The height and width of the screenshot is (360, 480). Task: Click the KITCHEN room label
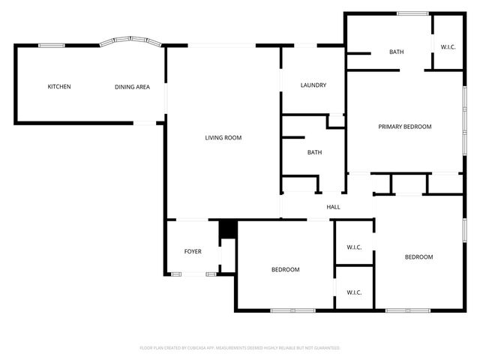[59, 87]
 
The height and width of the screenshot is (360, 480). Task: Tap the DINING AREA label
[132, 87]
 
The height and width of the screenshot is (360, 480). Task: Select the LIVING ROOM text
[223, 137]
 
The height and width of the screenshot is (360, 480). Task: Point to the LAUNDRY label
[313, 85]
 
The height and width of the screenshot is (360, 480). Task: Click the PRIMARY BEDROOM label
[404, 127]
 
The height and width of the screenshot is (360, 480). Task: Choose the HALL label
[333, 207]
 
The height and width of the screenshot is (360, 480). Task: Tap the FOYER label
[193, 251]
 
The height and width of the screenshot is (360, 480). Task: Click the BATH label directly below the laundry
[314, 153]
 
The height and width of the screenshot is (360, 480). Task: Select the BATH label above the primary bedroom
[396, 52]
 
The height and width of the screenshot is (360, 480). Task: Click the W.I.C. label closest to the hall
[354, 247]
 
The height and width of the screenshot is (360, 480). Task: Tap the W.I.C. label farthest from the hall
[354, 292]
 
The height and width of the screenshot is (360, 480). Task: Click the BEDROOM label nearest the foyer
[285, 270]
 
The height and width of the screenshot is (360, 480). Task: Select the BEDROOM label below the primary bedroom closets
[418, 257]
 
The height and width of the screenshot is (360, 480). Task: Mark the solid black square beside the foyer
[228, 229]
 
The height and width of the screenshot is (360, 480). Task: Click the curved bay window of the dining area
[132, 40]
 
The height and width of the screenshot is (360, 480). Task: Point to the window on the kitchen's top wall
[50, 45]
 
